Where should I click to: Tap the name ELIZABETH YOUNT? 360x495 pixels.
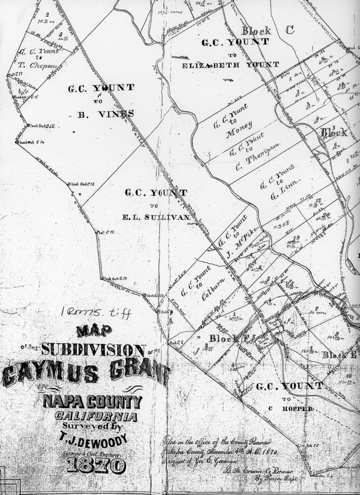click(x=230, y=65)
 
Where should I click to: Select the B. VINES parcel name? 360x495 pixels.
click(x=105, y=114)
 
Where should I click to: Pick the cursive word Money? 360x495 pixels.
click(x=239, y=128)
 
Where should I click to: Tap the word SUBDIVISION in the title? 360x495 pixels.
click(x=94, y=349)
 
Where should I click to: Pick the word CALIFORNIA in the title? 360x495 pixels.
click(x=96, y=416)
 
